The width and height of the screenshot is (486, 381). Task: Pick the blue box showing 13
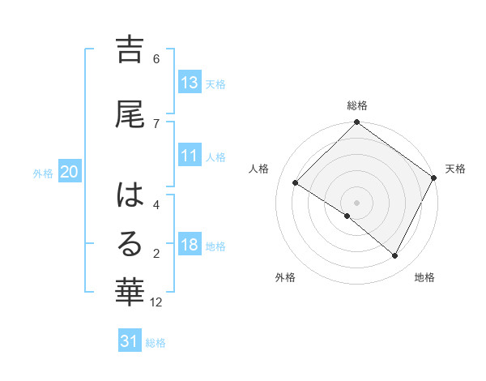[190, 82]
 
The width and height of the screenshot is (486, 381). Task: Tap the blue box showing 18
[190, 245]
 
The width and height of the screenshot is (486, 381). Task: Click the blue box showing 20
[70, 172]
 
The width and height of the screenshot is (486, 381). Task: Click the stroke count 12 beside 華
[156, 302]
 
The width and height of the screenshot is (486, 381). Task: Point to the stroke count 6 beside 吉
[156, 59]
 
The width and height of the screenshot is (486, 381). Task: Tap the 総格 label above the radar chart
[357, 105]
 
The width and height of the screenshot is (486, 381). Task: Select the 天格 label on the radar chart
[455, 169]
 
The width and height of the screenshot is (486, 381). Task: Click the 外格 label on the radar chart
[285, 278]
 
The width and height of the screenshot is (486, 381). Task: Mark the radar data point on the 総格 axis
[357, 123]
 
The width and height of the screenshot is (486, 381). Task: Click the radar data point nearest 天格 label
[434, 177]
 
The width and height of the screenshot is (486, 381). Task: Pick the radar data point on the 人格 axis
[296, 182]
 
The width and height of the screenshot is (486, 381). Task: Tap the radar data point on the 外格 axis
[347, 216]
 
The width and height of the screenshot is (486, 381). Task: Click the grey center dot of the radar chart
[357, 202]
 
